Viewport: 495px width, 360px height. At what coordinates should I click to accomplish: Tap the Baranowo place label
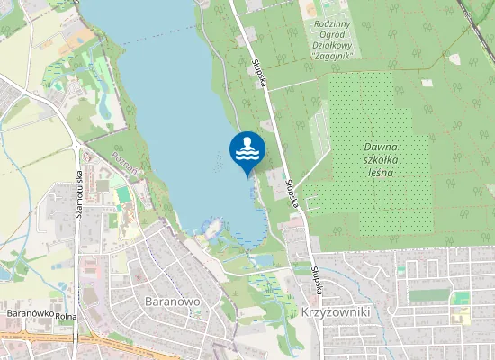click(x=170, y=300)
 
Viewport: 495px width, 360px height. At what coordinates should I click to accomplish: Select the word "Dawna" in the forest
click(x=382, y=146)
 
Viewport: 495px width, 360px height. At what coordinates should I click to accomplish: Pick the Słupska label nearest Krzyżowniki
click(x=316, y=270)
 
